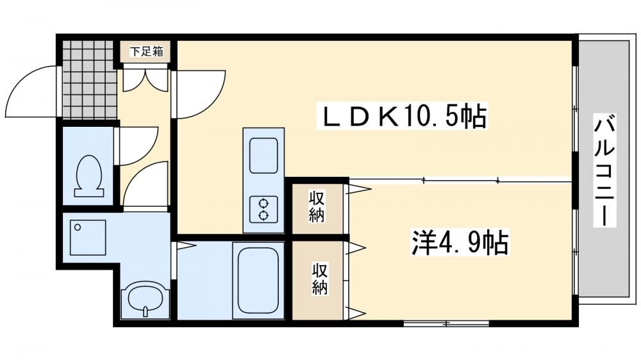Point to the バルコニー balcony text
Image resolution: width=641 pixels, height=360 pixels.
click(x=604, y=171)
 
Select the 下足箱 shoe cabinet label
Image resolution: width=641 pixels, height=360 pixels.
click(x=146, y=51)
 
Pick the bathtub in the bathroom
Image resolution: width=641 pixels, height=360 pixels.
click(x=258, y=281)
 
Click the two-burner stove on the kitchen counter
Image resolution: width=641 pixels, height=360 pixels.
click(x=263, y=209)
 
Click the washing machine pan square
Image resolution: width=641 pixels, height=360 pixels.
click(x=88, y=238)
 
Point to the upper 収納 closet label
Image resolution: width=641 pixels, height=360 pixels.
click(x=316, y=206)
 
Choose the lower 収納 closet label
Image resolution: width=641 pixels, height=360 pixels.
click(x=320, y=279)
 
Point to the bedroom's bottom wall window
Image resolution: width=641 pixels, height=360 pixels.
click(x=446, y=323)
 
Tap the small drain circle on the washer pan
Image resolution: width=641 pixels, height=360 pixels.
click(x=77, y=226)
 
